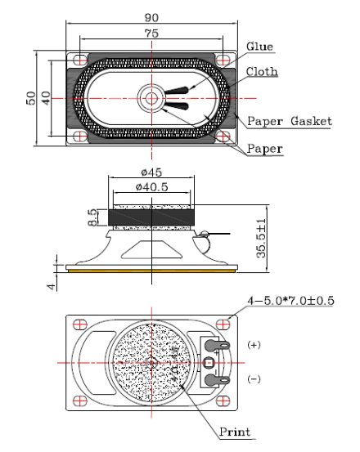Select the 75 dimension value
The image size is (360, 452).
[151, 34]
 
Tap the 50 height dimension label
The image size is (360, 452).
[30, 98]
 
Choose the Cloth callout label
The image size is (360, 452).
[261, 72]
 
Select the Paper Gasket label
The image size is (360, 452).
[289, 121]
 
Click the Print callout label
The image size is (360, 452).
[235, 432]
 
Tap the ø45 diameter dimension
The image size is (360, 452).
[151, 172]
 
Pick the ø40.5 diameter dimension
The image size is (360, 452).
[151, 187]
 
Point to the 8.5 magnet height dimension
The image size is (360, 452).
[92, 217]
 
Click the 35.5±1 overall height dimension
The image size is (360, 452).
[262, 237]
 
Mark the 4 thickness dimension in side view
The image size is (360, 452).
[51, 285]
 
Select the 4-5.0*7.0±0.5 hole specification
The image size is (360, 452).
[283, 301]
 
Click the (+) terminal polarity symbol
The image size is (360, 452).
[253, 345]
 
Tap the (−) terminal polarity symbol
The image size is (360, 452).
[253, 380]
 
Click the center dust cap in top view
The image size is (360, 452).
[151, 98]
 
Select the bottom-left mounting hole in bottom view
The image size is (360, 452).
[79, 401]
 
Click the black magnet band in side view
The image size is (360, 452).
[151, 217]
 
